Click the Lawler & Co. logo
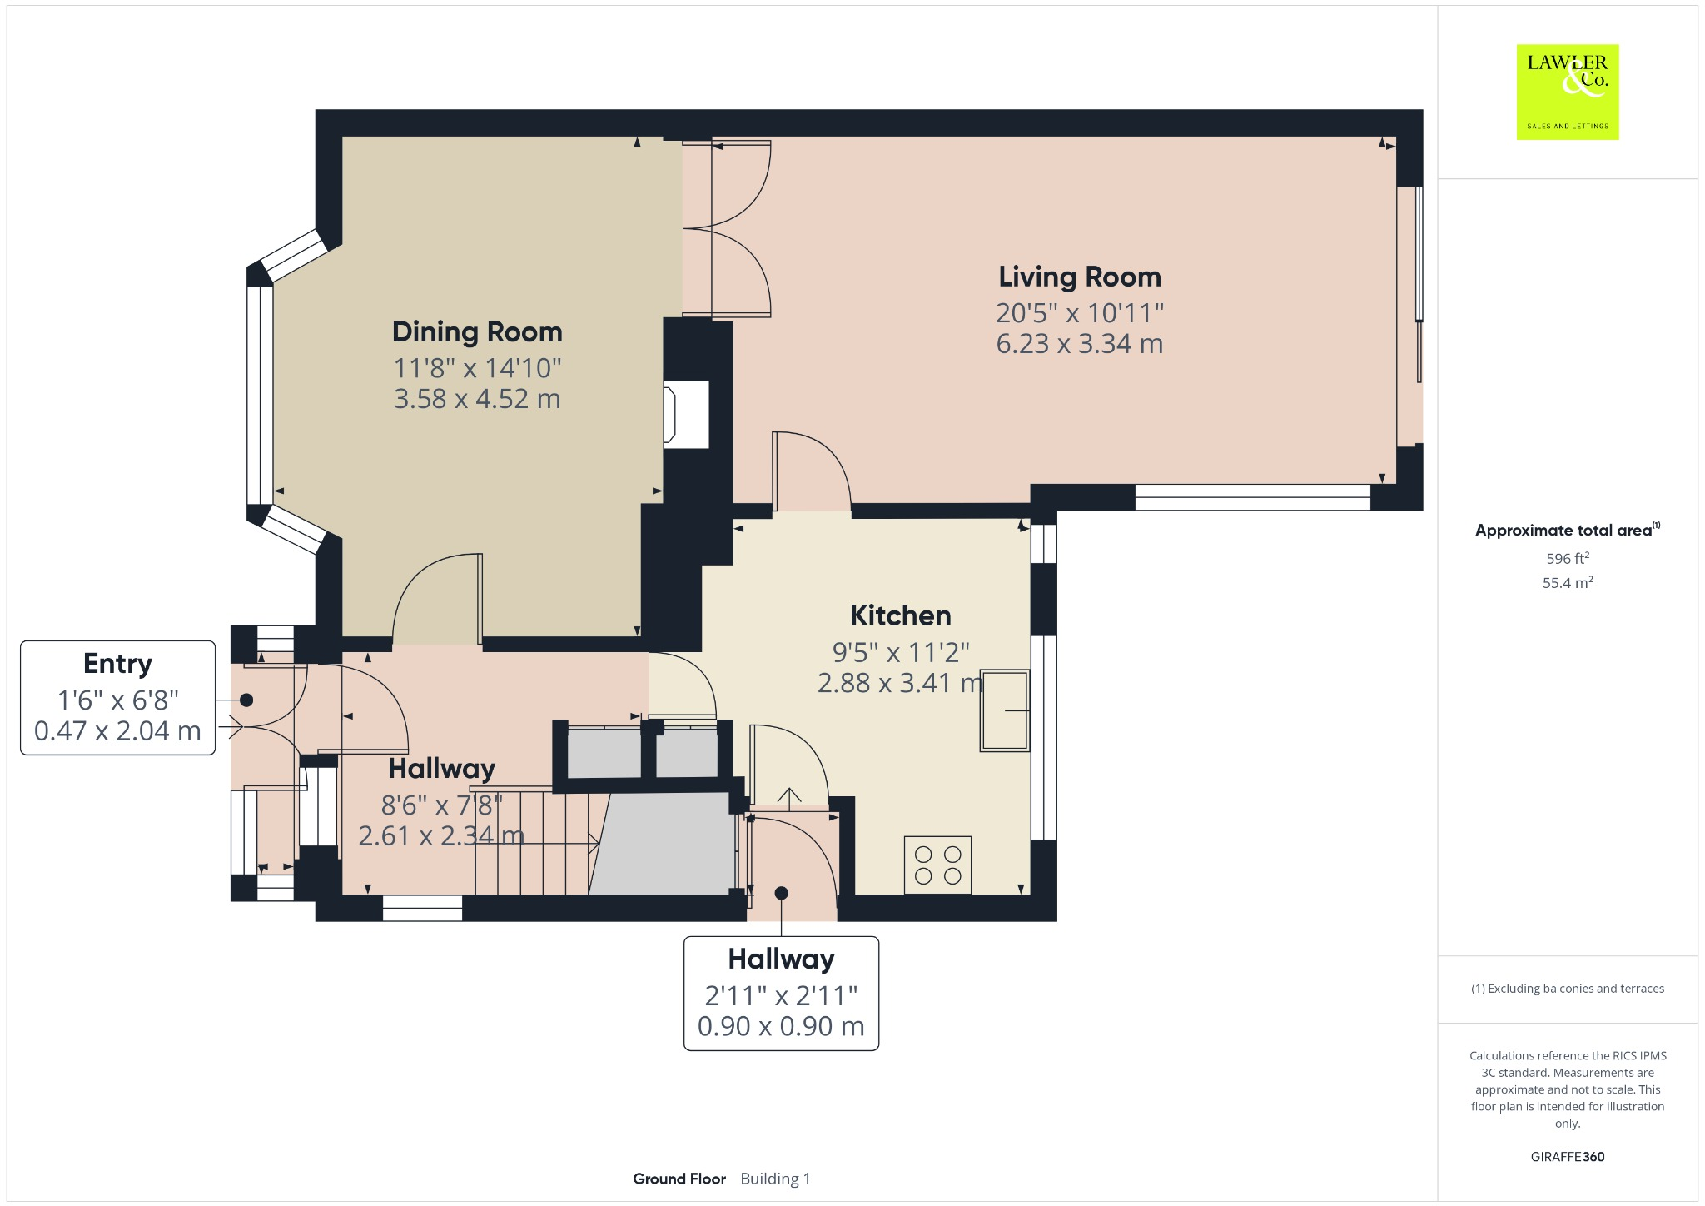pyautogui.click(x=1567, y=92)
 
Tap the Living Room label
pyautogui.click(x=1079, y=277)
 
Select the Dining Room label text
pyautogui.click(x=477, y=331)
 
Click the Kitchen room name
pyautogui.click(x=900, y=615)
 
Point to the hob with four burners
pyautogui.click(x=937, y=865)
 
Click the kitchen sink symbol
pyautogui.click(x=1004, y=710)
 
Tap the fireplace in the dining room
pyautogui.click(x=685, y=415)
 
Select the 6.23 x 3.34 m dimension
pyautogui.click(x=1079, y=343)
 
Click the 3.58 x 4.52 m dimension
pyautogui.click(x=477, y=398)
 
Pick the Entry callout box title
pyautogui.click(x=117, y=664)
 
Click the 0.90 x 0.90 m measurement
pyautogui.click(x=781, y=1026)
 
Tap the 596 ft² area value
pyautogui.click(x=1567, y=558)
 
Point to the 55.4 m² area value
pyautogui.click(x=1567, y=582)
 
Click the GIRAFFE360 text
pyautogui.click(x=1567, y=1156)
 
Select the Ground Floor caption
pyautogui.click(x=679, y=1179)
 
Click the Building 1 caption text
pyautogui.click(x=775, y=1179)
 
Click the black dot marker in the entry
pyautogui.click(x=246, y=700)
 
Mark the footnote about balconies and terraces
pyautogui.click(x=1567, y=989)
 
